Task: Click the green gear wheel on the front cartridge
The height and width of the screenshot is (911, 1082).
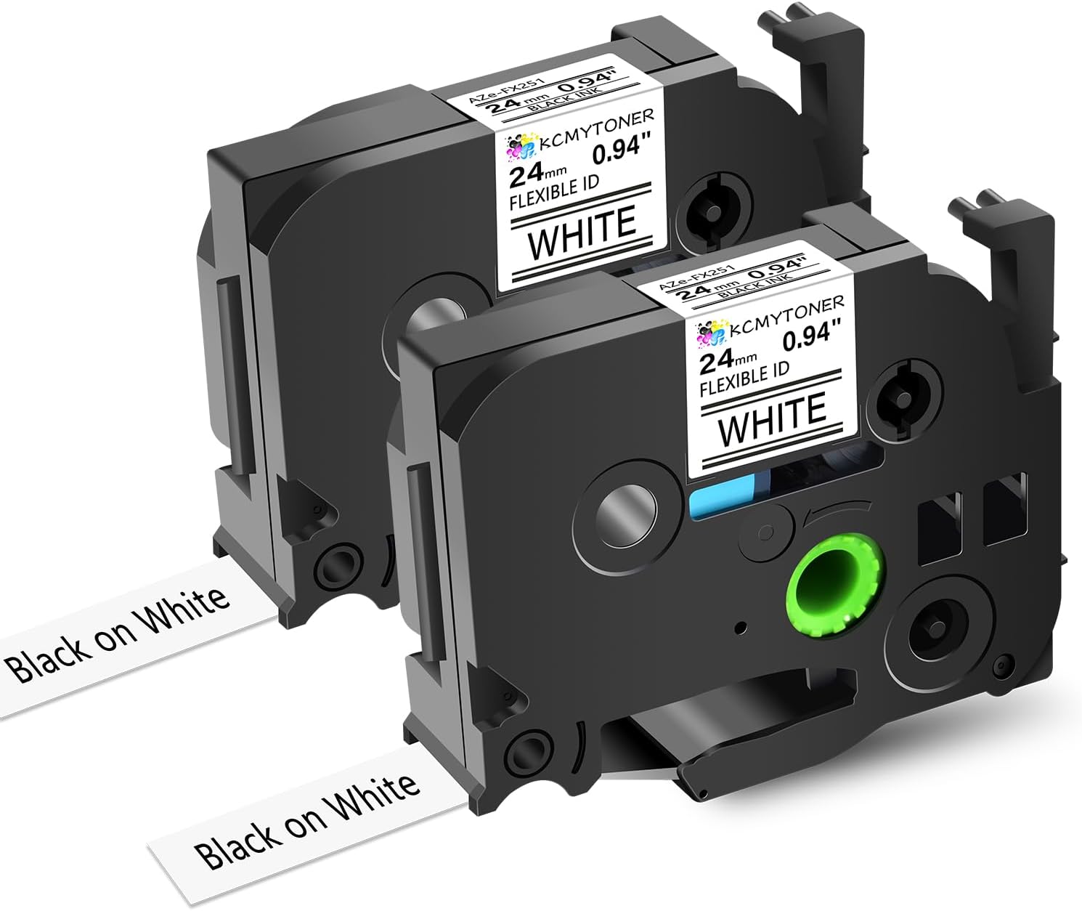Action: pos(835,583)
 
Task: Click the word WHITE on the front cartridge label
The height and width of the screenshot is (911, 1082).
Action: pos(772,418)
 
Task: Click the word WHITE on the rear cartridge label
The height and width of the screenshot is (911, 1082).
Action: pos(582,232)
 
